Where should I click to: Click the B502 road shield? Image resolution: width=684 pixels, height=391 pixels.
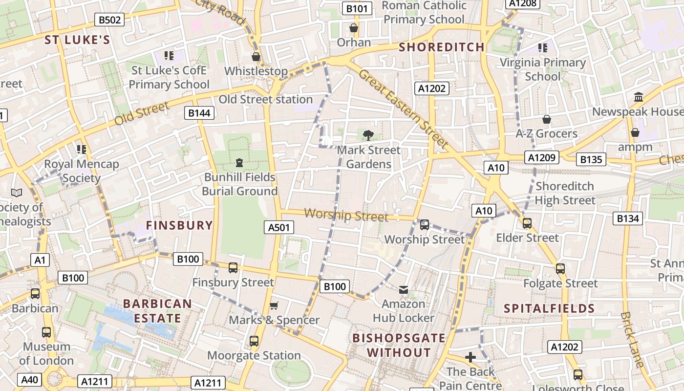109,20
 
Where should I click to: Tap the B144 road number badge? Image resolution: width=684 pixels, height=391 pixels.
199,113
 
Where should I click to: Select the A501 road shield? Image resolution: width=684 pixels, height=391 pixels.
279,227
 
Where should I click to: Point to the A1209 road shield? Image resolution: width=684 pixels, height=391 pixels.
541,157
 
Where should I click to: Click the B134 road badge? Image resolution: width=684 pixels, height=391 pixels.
628,218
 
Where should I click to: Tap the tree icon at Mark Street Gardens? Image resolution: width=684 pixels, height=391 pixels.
368,135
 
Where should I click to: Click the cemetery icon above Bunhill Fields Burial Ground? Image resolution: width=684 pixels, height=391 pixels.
239,162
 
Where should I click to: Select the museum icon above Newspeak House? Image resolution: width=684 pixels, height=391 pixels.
638,97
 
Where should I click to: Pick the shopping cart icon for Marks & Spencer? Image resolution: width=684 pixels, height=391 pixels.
274,305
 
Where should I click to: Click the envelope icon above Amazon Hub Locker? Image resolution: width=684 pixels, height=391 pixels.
403,290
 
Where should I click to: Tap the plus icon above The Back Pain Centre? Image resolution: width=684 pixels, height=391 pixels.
470,357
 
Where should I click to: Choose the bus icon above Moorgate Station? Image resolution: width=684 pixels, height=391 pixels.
254,341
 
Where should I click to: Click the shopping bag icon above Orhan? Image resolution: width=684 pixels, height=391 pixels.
354,28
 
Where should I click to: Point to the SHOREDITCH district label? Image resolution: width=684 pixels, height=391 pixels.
441,47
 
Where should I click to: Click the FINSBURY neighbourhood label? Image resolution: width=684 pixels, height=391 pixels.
179,225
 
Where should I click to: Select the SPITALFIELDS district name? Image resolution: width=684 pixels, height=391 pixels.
549,308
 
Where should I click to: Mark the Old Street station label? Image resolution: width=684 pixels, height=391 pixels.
265,99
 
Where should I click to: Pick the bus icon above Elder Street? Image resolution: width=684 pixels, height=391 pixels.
527,223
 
